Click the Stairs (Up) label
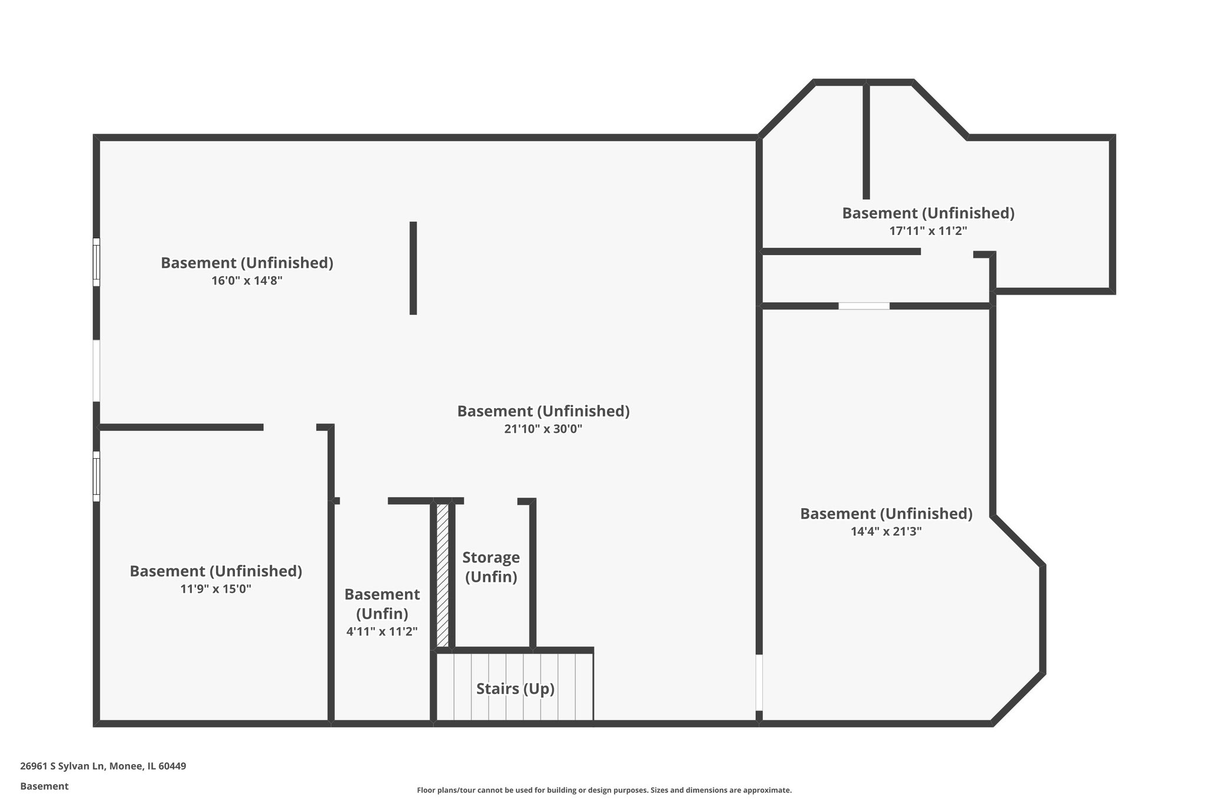click(x=515, y=688)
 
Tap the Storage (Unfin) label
click(x=491, y=567)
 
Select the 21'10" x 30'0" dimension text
click(x=543, y=429)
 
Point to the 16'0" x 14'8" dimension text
click(x=247, y=281)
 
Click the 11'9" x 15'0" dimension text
click(x=215, y=589)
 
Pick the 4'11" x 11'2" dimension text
click(x=382, y=632)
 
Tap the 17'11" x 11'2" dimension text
click(x=928, y=231)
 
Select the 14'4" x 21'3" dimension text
click(x=885, y=531)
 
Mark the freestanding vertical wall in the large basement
click(x=413, y=268)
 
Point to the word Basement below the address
click(x=44, y=786)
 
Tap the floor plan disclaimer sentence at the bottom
click(x=604, y=790)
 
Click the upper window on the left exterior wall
click(x=96, y=262)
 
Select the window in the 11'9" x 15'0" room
click(x=96, y=476)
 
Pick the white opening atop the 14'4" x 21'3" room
click(x=864, y=306)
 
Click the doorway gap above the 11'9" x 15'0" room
click(x=289, y=427)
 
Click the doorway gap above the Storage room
click(x=490, y=501)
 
